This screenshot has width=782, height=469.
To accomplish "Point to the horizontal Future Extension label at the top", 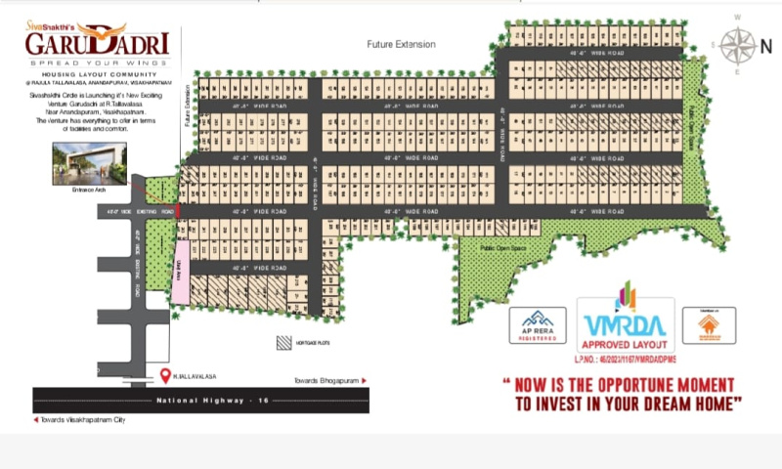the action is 401,45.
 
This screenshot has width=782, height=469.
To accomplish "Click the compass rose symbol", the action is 740,44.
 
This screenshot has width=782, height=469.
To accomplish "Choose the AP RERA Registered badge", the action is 538,325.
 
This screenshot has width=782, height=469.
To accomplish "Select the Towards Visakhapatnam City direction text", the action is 84,419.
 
